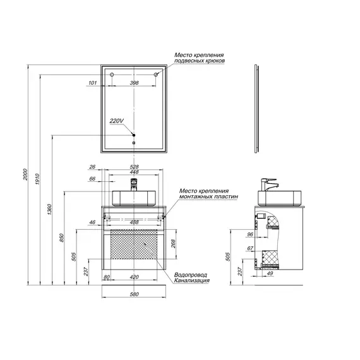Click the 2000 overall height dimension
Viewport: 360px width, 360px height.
point(25,174)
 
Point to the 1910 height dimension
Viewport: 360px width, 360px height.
point(38,179)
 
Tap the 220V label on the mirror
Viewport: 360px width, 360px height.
point(117,121)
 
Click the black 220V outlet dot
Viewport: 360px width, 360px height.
point(134,135)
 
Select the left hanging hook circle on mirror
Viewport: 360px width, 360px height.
point(112,75)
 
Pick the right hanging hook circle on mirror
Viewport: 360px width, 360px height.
point(156,75)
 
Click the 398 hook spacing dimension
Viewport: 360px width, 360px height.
point(135,83)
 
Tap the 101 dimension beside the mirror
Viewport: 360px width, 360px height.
point(92,83)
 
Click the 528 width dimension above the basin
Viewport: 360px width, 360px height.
point(135,167)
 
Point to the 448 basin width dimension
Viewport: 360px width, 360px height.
point(135,172)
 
